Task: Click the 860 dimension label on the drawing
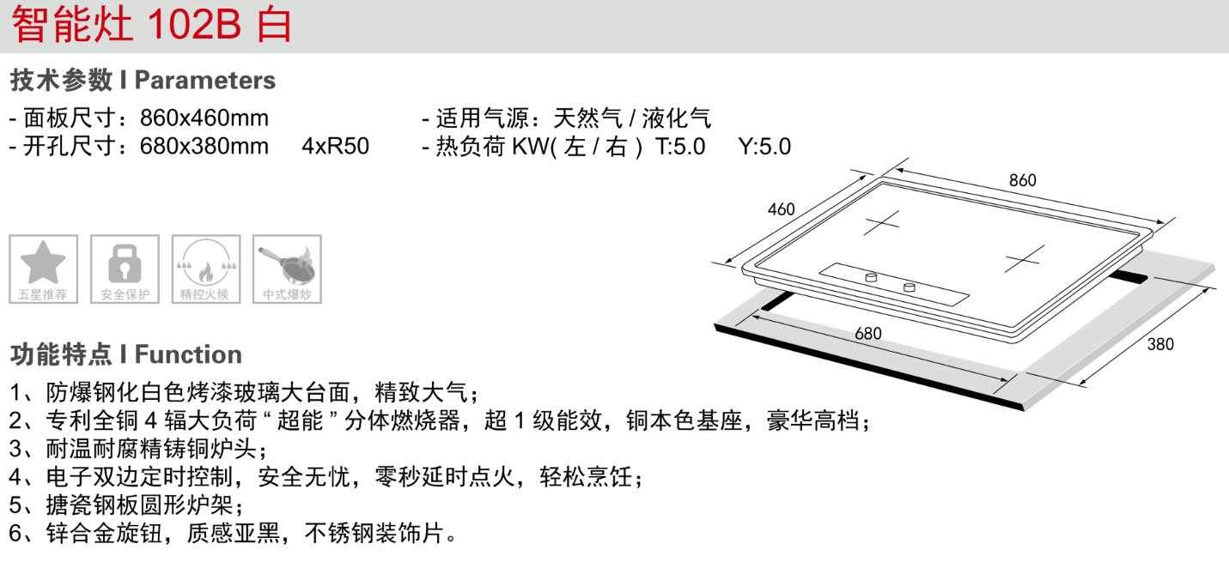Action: [1022, 180]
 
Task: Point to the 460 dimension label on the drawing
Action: [781, 209]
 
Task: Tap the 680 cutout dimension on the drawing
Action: [867, 333]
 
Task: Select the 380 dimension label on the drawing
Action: [1160, 345]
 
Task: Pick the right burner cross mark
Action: [1025, 257]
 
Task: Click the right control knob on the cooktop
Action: [910, 287]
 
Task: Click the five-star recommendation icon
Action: [43, 269]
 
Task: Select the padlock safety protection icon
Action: [125, 269]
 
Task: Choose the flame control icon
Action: [206, 269]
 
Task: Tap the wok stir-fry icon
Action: [288, 269]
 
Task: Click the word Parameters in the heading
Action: [205, 81]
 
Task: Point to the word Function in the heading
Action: [189, 354]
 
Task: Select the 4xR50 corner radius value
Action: [335, 146]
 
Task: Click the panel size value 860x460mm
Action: [204, 118]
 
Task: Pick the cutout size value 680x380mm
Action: [204, 146]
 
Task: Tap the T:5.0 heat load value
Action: [680, 146]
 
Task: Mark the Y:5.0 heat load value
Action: [764, 146]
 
